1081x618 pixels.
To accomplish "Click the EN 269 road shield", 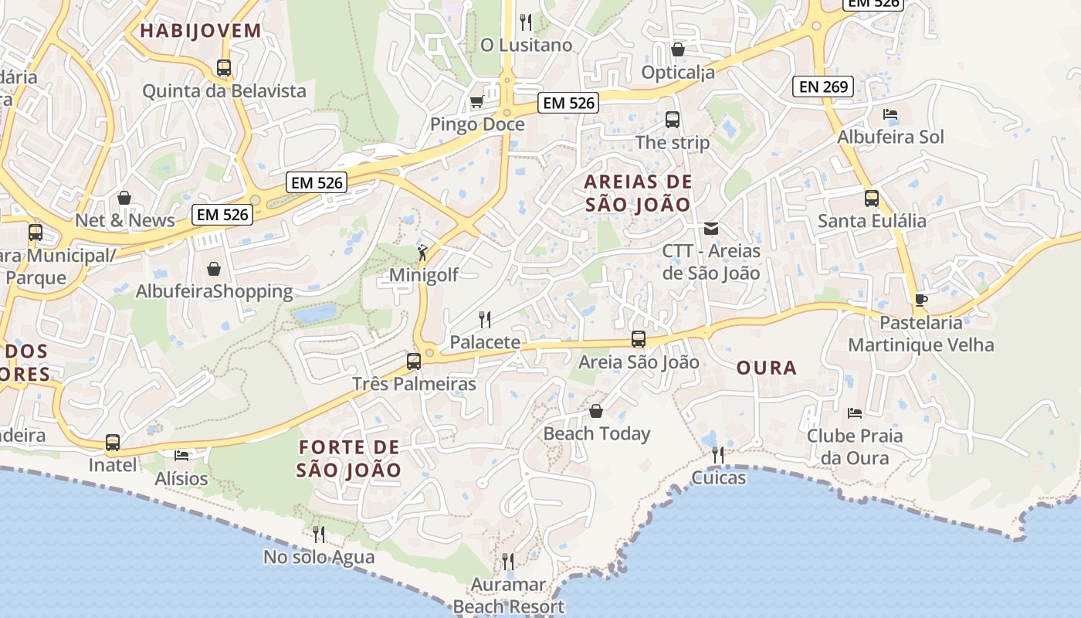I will click(824, 87).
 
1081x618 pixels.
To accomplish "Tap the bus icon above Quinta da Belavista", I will click(224, 68).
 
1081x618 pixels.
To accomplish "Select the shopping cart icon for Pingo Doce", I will click(476, 102).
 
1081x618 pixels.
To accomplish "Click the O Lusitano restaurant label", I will click(527, 45).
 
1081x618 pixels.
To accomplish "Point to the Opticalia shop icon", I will click(678, 49).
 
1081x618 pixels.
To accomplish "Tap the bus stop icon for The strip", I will click(673, 120).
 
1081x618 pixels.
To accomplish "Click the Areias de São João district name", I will click(638, 193).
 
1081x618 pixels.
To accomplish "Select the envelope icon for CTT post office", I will click(711, 229).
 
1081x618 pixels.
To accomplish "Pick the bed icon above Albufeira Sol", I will click(890, 114).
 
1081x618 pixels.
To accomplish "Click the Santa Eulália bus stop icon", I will click(872, 199).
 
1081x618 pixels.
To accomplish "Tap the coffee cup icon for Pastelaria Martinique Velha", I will click(920, 300).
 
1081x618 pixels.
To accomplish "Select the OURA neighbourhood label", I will click(766, 368).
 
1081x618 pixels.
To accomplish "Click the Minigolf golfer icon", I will click(423, 252).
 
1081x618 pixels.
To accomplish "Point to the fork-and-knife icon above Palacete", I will click(485, 319).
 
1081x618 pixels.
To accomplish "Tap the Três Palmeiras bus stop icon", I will click(414, 361).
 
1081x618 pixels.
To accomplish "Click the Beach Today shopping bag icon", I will click(596, 411).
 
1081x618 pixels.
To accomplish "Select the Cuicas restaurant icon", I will click(718, 455).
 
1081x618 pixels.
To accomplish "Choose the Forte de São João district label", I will click(349, 458).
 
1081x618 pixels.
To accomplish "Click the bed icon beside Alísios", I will click(181, 456).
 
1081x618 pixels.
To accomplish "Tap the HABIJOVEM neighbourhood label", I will click(201, 31).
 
